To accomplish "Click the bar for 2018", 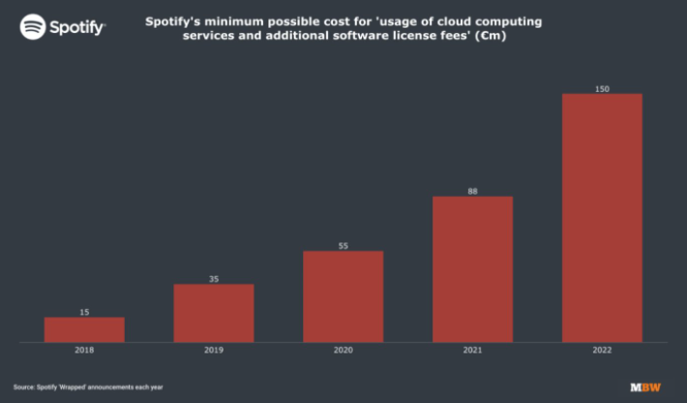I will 84,329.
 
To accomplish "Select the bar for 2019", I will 214,313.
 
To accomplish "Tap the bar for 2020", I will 343,296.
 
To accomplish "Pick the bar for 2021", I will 472,269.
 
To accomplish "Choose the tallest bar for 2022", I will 602,218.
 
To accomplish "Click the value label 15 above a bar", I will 84,312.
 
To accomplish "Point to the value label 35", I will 214,279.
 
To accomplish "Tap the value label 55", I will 343,246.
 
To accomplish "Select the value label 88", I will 472,192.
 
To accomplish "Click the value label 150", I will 602,89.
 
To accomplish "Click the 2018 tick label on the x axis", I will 84,351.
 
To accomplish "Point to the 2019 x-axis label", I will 214,351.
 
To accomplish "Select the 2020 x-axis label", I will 343,351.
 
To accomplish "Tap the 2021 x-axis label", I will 472,351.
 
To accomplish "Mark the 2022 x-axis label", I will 602,351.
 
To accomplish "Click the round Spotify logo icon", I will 32,26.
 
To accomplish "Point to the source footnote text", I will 86,387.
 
